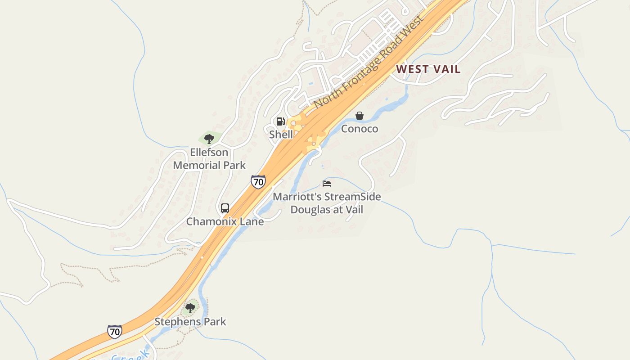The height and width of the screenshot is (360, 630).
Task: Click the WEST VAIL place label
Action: click(428, 69)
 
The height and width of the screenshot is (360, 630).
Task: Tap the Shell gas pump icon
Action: click(281, 121)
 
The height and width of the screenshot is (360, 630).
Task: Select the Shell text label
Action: click(281, 134)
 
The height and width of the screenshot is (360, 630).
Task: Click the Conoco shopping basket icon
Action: click(360, 116)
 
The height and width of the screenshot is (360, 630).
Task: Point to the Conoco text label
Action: click(360, 129)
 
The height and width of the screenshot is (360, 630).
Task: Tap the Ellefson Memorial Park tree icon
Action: click(209, 139)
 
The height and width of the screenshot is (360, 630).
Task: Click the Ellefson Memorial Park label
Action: click(209, 159)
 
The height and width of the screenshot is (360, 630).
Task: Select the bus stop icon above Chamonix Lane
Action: click(225, 208)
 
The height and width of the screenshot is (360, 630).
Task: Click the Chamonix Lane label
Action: click(225, 221)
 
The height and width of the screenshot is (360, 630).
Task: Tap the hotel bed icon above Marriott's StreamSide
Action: click(327, 183)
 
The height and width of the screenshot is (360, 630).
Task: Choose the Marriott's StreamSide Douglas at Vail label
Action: click(327, 203)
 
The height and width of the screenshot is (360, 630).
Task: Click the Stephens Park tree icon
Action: click(190, 308)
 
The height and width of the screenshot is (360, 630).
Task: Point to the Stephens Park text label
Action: click(190, 322)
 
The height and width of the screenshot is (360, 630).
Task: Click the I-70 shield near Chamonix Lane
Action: click(258, 182)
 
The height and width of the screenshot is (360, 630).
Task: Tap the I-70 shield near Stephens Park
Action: click(115, 332)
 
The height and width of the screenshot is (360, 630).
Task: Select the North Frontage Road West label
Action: click(369, 63)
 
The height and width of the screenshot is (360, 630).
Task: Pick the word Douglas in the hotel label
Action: click(310, 209)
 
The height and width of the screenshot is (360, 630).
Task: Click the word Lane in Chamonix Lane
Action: click(252, 221)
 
